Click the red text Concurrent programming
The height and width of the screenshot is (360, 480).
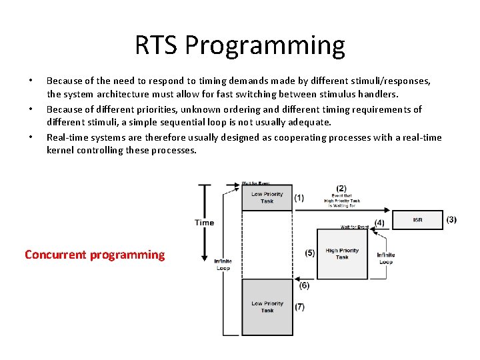coord(94,255)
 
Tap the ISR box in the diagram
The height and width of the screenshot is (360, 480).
coord(417,220)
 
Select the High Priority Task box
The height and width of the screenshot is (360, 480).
coord(342,254)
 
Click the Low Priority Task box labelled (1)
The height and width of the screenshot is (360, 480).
coord(267,198)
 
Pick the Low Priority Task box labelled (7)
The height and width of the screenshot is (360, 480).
coord(267,307)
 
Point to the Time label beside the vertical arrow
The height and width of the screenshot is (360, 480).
coord(204,223)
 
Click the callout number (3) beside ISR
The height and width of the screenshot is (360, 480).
coord(451,219)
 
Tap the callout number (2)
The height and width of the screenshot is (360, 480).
coord(341,188)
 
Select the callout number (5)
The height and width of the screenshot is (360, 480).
coord(309,253)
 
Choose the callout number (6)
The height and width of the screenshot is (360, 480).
coord(304,285)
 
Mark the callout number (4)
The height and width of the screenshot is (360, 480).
coord(379,222)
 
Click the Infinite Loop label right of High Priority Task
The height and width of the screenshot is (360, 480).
coord(385,258)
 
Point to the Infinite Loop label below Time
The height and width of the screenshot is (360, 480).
coord(223,264)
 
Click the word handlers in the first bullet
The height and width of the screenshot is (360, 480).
coord(377,95)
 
